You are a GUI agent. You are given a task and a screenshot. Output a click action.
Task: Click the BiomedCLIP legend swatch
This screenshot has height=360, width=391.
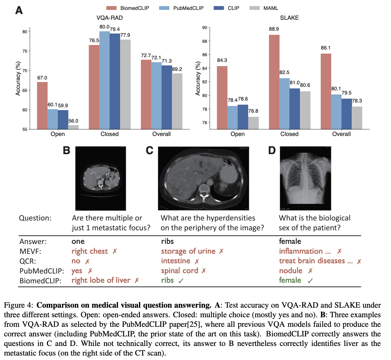click(x=111, y=8)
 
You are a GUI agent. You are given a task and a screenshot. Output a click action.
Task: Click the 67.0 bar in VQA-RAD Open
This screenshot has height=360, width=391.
click(x=42, y=106)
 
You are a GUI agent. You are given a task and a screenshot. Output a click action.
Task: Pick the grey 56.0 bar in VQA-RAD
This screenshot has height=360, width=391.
click(x=73, y=127)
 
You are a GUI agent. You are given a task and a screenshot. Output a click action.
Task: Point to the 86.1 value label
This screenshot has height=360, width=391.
click(x=326, y=48)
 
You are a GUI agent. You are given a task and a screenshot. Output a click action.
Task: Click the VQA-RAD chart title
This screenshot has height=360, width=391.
click(x=110, y=18)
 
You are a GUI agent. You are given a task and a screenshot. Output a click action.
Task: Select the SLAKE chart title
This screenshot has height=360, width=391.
click(x=289, y=18)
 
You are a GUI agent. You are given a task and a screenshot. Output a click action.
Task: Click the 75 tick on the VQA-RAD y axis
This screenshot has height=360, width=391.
click(x=25, y=51)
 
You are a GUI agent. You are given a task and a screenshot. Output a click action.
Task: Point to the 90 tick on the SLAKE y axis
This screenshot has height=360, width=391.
click(x=204, y=28)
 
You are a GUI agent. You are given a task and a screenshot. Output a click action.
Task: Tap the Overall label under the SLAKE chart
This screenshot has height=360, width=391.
click(x=341, y=134)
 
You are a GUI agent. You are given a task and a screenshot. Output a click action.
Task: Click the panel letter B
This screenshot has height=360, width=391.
click(x=66, y=150)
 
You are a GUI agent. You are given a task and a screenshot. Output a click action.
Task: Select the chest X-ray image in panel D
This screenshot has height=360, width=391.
click(x=305, y=178)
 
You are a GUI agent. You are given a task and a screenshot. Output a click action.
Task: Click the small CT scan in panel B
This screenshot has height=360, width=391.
click(x=100, y=178)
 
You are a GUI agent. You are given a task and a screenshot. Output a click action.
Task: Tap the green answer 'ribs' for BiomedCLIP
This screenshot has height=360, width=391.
click(x=167, y=280)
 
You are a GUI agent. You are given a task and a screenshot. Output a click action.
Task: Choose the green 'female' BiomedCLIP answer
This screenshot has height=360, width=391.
click(x=290, y=280)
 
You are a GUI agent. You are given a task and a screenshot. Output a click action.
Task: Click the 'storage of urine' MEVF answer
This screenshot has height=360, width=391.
click(x=188, y=251)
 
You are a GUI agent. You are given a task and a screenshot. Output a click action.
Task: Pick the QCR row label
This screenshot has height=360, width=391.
click(x=27, y=261)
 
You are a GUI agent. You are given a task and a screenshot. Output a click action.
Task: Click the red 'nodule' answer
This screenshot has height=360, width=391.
click(x=291, y=271)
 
